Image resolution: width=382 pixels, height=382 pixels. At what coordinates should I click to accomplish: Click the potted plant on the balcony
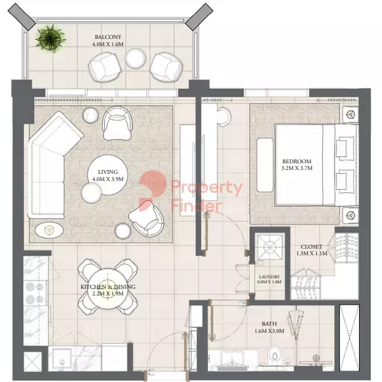tap(51, 38)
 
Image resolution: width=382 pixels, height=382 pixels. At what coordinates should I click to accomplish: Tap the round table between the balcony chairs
tap(136, 59)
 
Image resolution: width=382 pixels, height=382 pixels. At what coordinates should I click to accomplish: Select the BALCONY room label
tap(108, 37)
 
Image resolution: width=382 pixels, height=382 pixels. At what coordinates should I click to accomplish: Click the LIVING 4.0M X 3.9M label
tap(107, 175)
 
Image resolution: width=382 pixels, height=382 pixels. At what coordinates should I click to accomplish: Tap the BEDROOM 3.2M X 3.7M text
tap(297, 165)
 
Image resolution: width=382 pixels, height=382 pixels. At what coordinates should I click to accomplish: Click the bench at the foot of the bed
tap(265, 165)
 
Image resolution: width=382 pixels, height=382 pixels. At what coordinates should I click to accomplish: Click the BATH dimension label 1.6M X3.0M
tap(269, 331)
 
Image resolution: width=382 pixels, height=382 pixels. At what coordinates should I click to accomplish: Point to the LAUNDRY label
tap(269, 277)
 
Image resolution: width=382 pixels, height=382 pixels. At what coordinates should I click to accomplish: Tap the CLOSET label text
tap(312, 247)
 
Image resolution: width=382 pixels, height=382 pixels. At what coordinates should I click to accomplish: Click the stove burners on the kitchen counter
tap(35, 292)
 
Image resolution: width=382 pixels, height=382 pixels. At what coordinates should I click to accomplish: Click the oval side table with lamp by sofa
tap(49, 230)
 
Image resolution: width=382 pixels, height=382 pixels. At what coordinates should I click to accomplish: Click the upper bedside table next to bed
tap(351, 114)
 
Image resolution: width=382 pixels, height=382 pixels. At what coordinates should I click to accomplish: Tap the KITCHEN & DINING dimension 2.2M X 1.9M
tap(108, 294)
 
